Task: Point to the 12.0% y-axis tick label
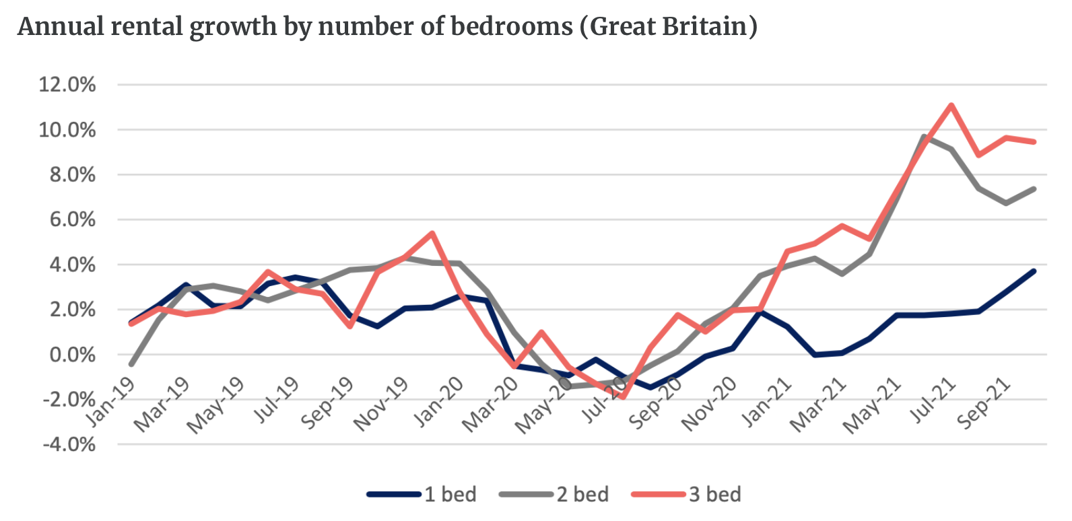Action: (x=67, y=85)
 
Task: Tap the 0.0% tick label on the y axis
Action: (x=73, y=355)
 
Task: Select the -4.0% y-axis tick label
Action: (x=69, y=444)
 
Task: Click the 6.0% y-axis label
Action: (x=73, y=219)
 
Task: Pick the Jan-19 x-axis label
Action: (x=112, y=402)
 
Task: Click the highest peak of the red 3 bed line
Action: (x=951, y=105)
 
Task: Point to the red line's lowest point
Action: (x=623, y=397)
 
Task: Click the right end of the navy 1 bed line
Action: (x=1034, y=271)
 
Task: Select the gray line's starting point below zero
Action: (x=131, y=364)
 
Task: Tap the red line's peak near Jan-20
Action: (x=432, y=234)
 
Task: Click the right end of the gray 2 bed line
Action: (x=1034, y=189)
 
